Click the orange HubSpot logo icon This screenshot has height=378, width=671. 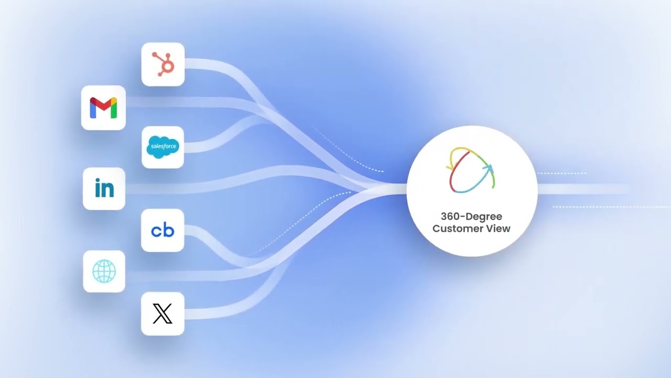pyautogui.click(x=163, y=64)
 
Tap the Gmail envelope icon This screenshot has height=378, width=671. pyautogui.click(x=103, y=108)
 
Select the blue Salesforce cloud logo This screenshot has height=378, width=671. pyautogui.click(x=163, y=146)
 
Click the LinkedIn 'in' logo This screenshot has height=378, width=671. pyautogui.click(x=104, y=188)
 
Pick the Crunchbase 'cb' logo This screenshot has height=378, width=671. pyautogui.click(x=163, y=230)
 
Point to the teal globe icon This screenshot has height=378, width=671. pyautogui.click(x=104, y=271)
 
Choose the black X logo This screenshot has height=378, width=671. pyautogui.click(x=163, y=313)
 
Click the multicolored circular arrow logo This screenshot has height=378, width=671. pyautogui.click(x=471, y=170)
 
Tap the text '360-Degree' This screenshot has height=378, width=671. pyautogui.click(x=471, y=216)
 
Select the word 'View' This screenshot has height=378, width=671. pyautogui.click(x=500, y=228)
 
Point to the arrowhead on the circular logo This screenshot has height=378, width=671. pyautogui.click(x=488, y=169)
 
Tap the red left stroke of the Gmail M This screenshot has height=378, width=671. pyautogui.click(x=93, y=108)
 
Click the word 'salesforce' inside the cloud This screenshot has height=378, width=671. pyautogui.click(x=163, y=146)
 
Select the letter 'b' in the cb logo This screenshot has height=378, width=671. pyautogui.click(x=169, y=229)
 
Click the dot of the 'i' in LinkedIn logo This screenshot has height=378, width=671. pyautogui.click(x=98, y=181)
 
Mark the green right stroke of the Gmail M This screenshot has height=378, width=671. pyautogui.click(x=114, y=108)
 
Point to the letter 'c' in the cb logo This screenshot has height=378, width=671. pyautogui.click(x=156, y=231)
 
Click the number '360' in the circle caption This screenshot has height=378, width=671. pyautogui.click(x=450, y=216)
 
